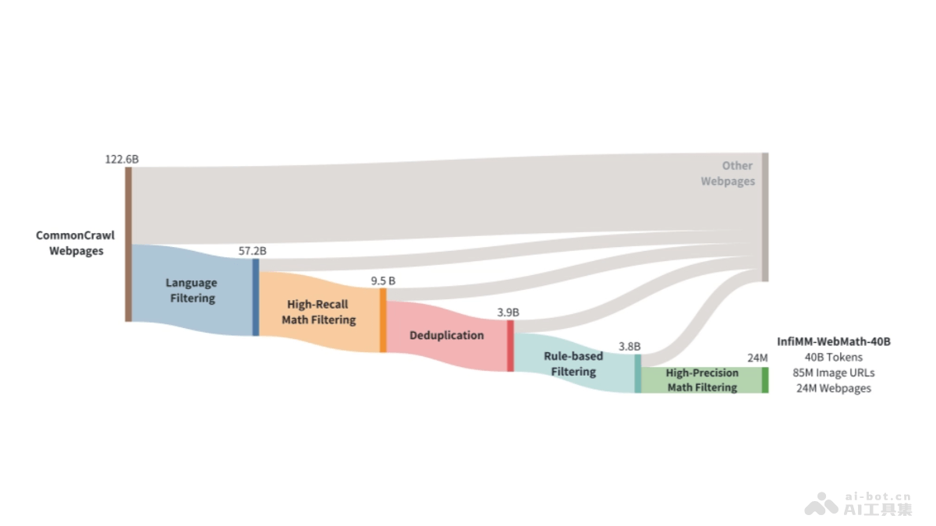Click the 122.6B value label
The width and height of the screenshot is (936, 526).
122,159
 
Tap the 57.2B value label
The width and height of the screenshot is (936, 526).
252,251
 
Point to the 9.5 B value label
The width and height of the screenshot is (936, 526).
383,281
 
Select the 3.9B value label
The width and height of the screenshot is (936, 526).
508,312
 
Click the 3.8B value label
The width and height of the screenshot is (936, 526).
629,346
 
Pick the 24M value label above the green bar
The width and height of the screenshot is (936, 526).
757,358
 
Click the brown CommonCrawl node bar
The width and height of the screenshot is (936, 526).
129,244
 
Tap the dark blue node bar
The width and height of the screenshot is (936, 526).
256,297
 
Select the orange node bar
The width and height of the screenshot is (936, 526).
383,320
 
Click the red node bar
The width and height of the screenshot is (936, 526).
510,346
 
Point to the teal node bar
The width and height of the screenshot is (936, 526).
637,374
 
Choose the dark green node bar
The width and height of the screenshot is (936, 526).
765,379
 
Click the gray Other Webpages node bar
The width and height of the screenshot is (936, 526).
765,217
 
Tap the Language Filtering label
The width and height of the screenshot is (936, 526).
191,290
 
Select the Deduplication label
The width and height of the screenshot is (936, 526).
446,335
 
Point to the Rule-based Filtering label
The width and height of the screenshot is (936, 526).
573,364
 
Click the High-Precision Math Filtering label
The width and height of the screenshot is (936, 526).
702,380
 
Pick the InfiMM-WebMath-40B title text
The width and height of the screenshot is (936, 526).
834,341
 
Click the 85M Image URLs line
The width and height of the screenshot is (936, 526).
834,372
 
